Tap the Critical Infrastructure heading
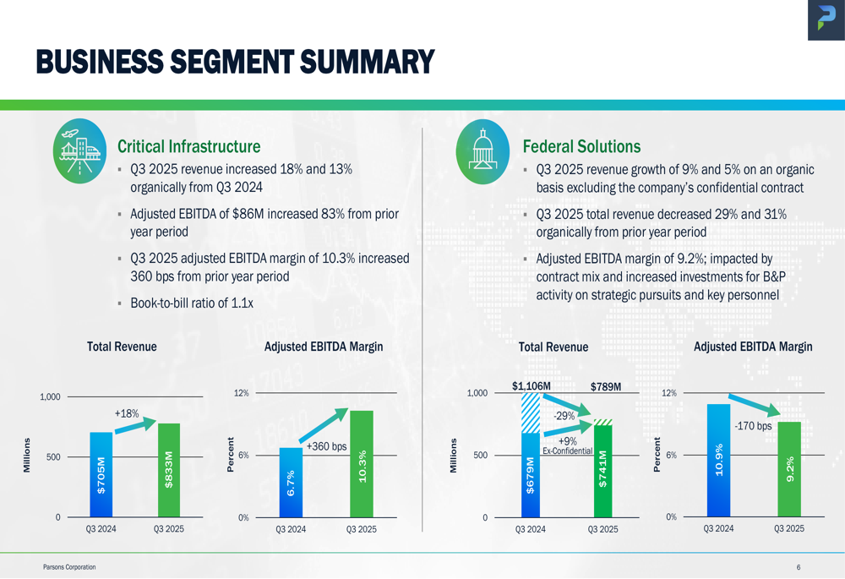[188, 147]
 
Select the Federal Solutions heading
[581, 147]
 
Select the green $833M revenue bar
[169, 470]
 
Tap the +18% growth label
[126, 413]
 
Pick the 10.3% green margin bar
[362, 464]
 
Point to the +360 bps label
[327, 446]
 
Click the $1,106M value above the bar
[532, 386]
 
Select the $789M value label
[606, 387]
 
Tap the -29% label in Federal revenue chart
[564, 416]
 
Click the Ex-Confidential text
[567, 451]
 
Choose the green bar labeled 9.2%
[789, 470]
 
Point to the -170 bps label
[753, 426]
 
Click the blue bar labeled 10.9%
[718, 461]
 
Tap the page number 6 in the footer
[798, 567]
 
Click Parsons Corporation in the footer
[69, 567]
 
